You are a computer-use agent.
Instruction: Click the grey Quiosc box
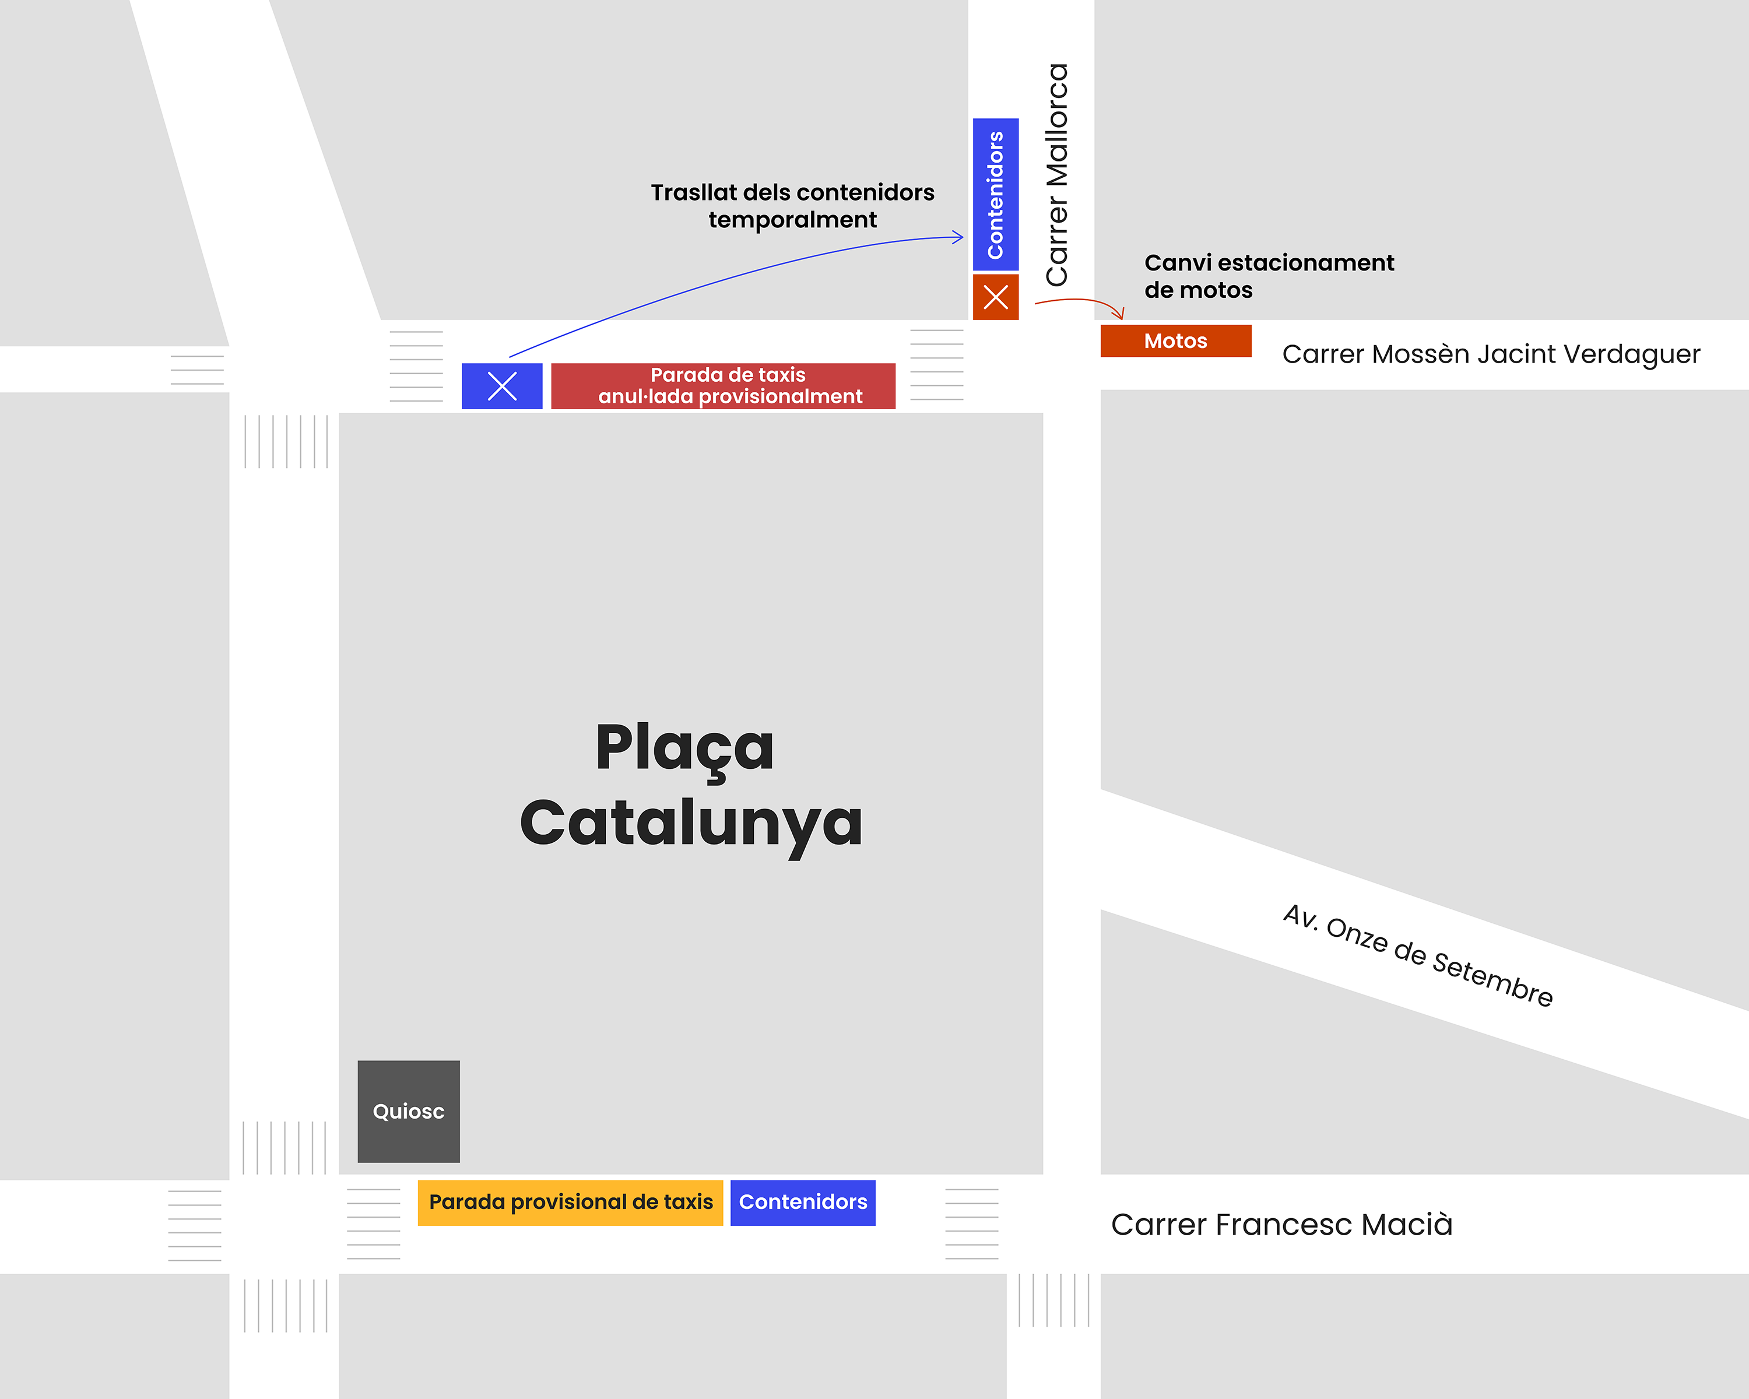408,1111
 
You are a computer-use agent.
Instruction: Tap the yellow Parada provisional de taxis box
570,1202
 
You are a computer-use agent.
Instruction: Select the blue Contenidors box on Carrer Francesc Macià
802,1202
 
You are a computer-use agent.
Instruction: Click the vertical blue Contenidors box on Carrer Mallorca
995,195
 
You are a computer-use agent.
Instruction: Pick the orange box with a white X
995,297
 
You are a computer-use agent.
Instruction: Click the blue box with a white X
502,386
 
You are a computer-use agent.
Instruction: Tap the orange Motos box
1175,340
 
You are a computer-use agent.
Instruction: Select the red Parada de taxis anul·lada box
723,386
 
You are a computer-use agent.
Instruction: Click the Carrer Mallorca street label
1057,174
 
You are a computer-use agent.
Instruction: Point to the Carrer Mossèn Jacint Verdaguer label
1490,354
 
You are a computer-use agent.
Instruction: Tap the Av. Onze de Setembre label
1418,955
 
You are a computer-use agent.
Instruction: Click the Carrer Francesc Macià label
1281,1224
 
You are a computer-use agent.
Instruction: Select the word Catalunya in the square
691,822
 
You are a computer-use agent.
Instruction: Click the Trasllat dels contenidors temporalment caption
792,206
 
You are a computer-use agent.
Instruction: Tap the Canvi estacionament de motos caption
1268,276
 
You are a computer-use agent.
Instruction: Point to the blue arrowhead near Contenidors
960,237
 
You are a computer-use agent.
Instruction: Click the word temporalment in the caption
792,220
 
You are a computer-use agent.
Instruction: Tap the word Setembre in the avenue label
1492,980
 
